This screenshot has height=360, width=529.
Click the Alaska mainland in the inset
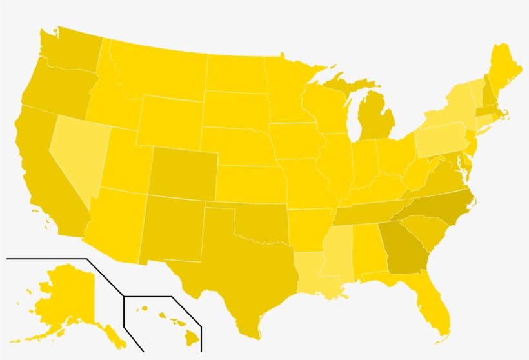click(x=65, y=297)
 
